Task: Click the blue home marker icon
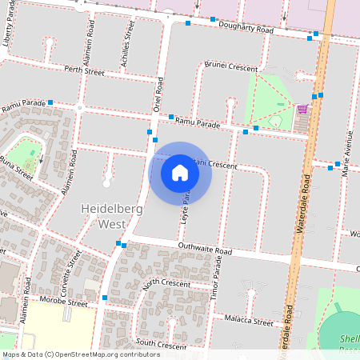180,173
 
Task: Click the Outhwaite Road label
205,250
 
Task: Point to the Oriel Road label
158,94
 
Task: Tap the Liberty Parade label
9,27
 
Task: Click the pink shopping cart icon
302,109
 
